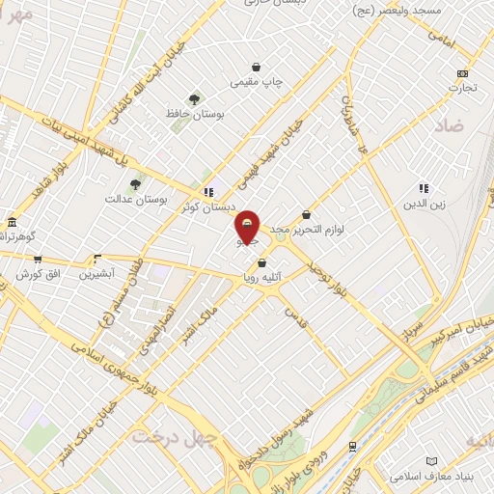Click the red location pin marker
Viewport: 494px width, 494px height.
(248, 228)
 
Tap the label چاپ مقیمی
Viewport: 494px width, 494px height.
(257, 83)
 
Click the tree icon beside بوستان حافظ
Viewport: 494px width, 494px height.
(195, 98)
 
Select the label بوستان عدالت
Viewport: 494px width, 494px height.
(136, 199)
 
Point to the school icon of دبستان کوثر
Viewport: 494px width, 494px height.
(208, 191)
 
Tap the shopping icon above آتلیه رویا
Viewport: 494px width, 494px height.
(261, 261)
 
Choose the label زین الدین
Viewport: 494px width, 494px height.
(423, 205)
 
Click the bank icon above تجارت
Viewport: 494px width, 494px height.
(463, 73)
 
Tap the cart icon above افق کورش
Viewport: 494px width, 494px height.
(38, 259)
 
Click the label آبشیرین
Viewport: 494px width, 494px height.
(96, 273)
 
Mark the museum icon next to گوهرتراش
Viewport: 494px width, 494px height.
(12, 221)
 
